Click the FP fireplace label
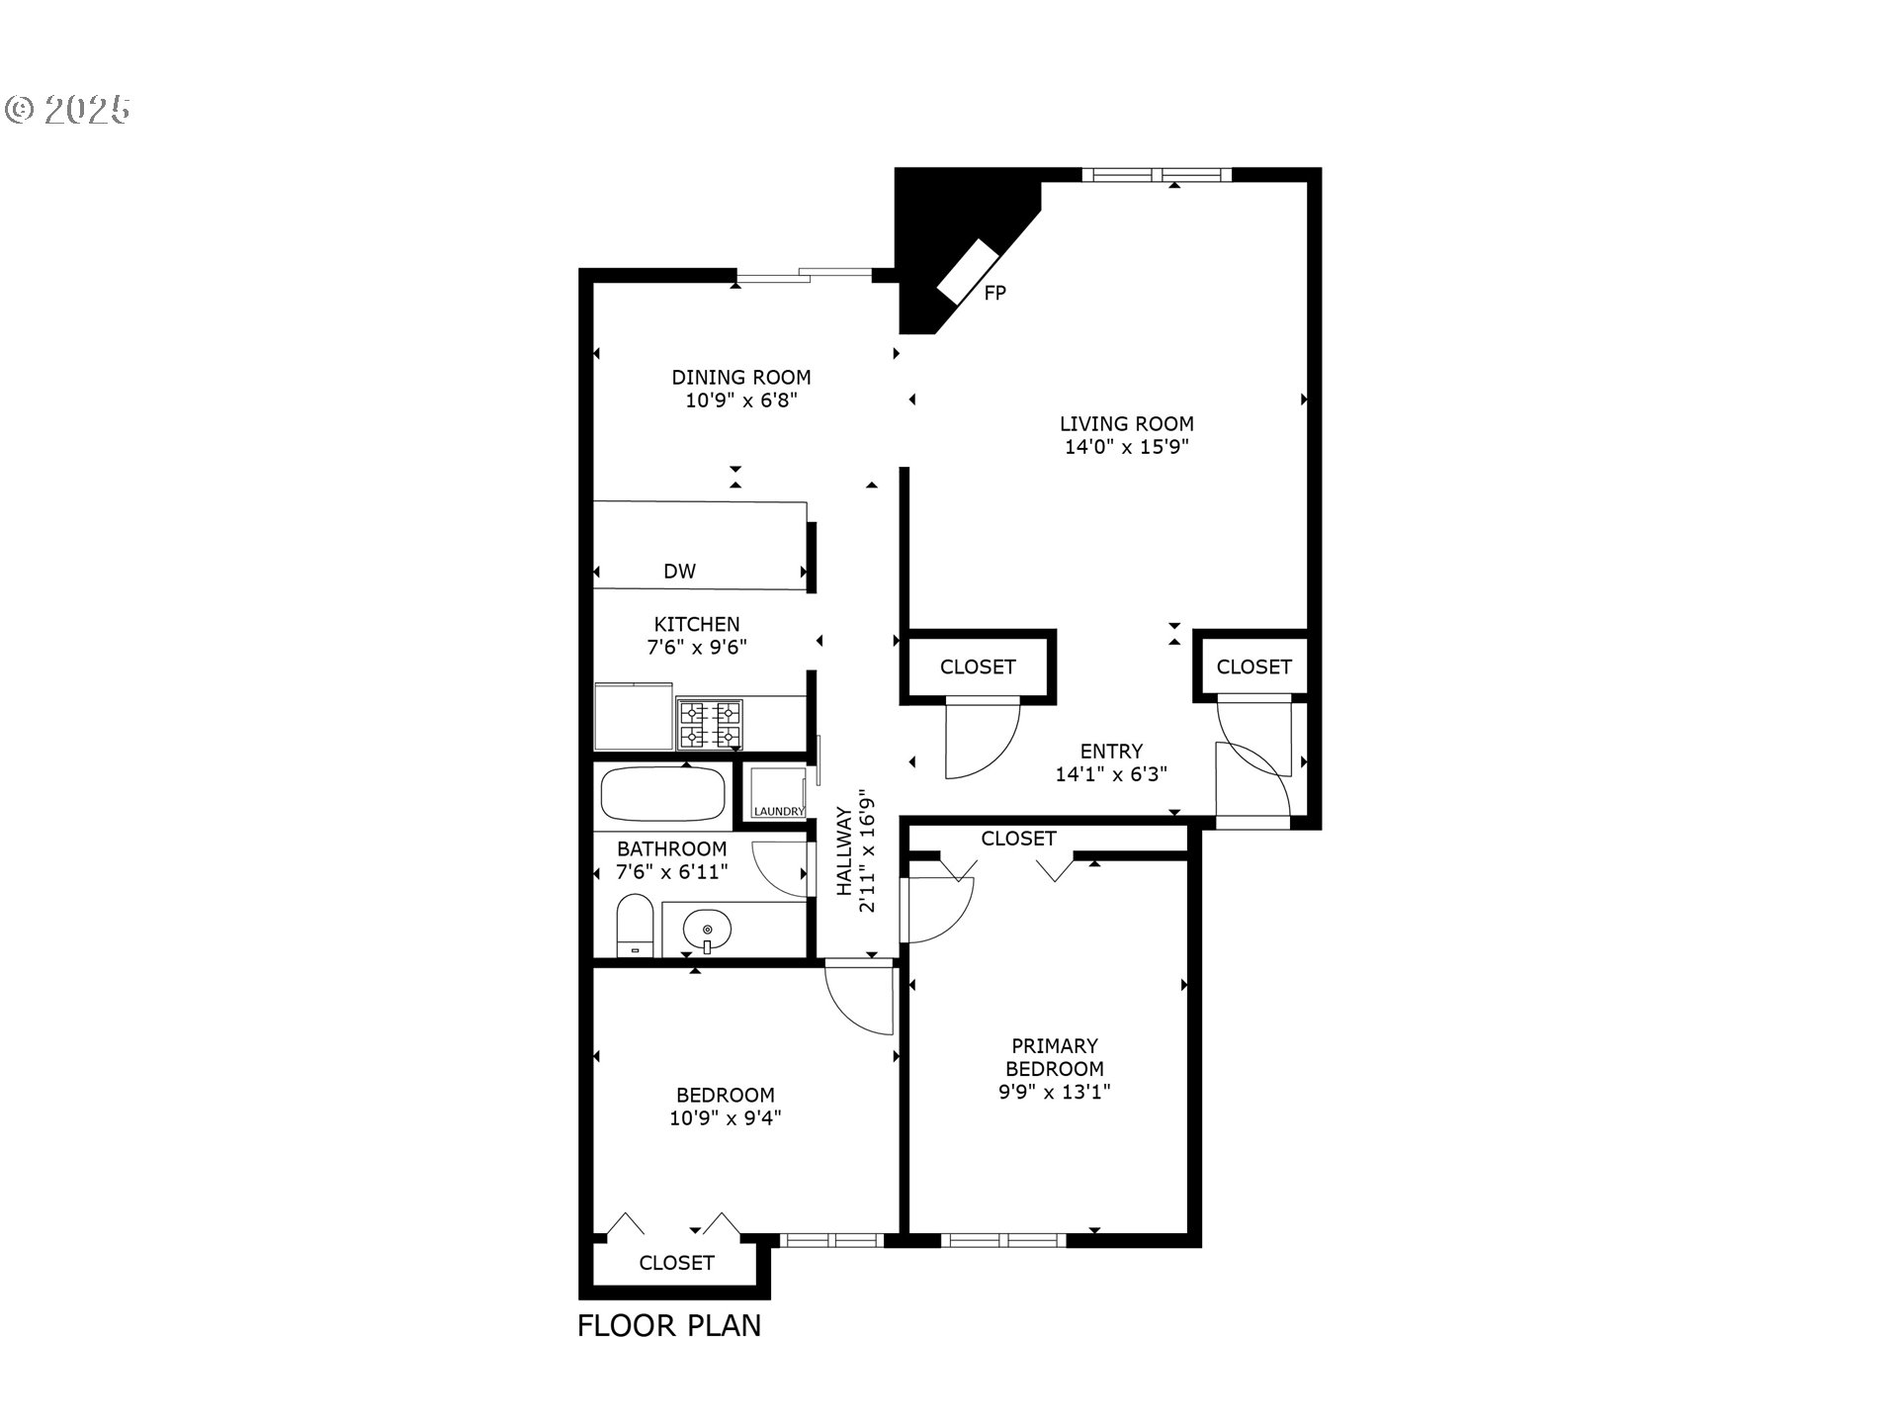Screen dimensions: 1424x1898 994,294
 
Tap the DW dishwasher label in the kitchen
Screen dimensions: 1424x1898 679,572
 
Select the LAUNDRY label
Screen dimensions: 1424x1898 779,812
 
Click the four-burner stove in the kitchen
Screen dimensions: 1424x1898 710,724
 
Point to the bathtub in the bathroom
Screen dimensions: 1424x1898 662,794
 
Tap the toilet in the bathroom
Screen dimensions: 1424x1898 635,927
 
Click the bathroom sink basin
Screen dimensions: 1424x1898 707,931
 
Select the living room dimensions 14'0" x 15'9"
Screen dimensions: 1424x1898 1126,447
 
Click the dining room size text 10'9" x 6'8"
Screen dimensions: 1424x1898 740,400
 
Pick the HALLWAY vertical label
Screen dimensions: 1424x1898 844,851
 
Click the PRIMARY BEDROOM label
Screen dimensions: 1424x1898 1054,1057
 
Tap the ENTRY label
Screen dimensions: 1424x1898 1111,752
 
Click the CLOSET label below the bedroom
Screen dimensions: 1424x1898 676,1263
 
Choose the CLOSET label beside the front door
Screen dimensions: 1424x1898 1253,667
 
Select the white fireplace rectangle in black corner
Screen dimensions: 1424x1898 968,271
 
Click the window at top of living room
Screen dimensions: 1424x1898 1156,175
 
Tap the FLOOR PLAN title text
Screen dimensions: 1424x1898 669,1326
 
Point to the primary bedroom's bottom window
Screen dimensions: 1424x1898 1003,1240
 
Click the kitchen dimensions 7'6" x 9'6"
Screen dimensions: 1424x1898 696,649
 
